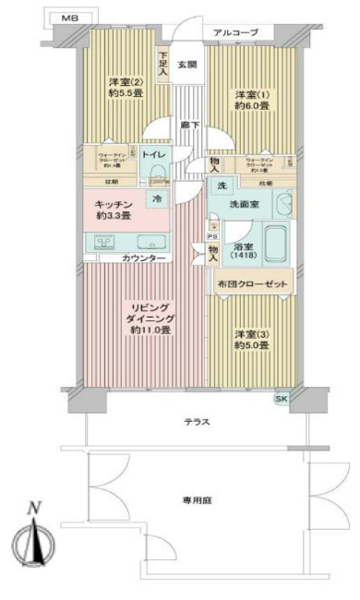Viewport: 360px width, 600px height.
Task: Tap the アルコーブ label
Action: click(235, 33)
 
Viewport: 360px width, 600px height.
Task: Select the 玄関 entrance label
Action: click(187, 64)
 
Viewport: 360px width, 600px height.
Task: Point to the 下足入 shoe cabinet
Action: click(162, 63)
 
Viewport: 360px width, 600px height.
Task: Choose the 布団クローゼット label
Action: click(254, 282)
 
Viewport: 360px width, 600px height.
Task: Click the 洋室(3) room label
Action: click(250, 339)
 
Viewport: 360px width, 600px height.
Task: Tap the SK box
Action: click(282, 398)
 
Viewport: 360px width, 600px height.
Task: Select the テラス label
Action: click(197, 421)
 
